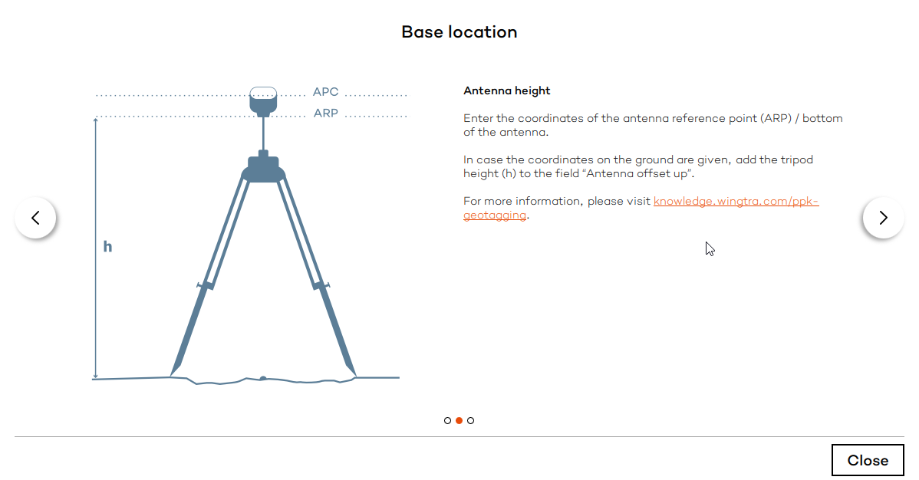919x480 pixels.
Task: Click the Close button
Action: click(x=868, y=460)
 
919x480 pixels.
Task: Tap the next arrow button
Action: click(x=883, y=218)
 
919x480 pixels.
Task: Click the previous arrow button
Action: click(x=35, y=218)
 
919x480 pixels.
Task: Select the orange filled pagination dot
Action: click(x=459, y=420)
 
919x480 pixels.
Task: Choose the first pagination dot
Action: click(x=447, y=420)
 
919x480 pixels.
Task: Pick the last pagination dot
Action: click(x=470, y=420)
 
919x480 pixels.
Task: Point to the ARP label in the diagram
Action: click(x=325, y=113)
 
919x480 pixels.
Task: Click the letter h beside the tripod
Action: click(x=107, y=247)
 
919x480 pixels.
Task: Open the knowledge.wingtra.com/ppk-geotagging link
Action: click(x=736, y=202)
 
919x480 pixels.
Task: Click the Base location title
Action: click(x=459, y=32)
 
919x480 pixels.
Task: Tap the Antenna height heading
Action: click(x=506, y=90)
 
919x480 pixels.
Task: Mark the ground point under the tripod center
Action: click(x=263, y=377)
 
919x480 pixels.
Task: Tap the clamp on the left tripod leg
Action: click(x=205, y=285)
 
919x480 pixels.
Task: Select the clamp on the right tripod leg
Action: click(x=321, y=285)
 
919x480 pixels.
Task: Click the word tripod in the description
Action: click(x=797, y=159)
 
